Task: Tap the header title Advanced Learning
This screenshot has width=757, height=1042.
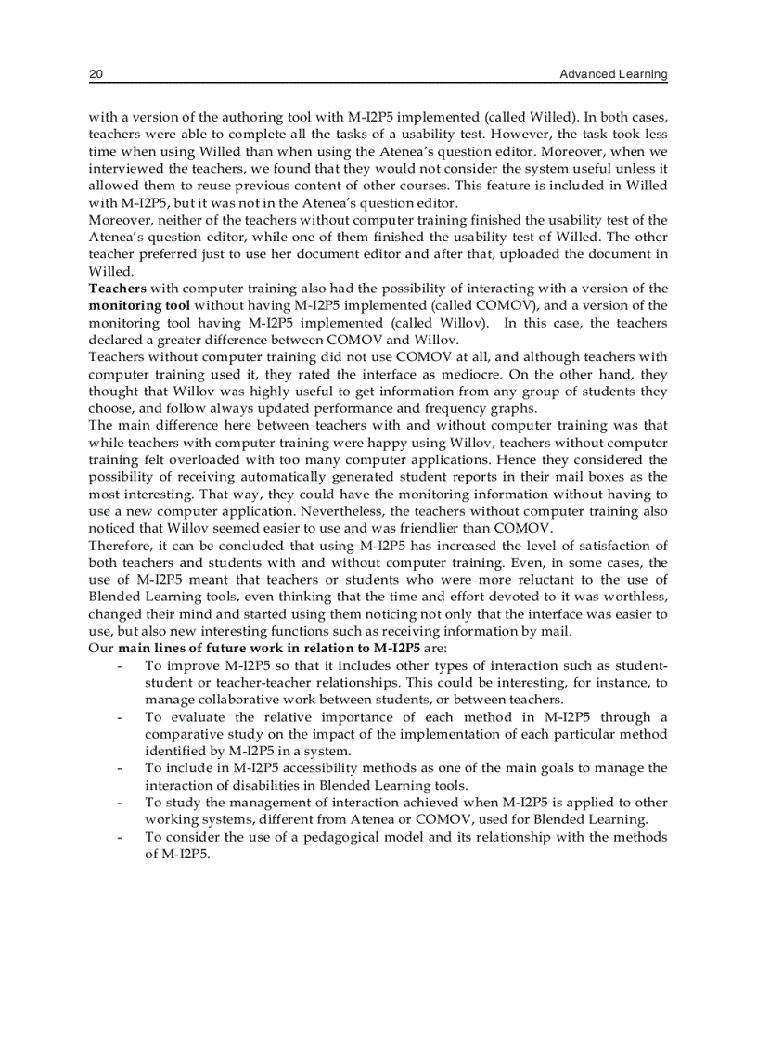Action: [x=613, y=73]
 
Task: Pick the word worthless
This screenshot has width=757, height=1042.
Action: [x=630, y=597]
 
